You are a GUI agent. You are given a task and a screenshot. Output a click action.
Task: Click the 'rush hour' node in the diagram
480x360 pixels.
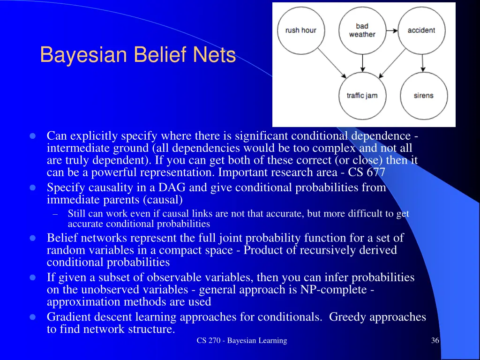(301, 30)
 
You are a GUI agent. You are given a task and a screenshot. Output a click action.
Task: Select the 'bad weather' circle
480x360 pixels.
(362, 30)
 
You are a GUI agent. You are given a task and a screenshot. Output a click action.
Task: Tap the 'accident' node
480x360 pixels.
(421, 30)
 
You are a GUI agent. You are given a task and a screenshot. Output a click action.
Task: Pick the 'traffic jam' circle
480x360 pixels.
(362, 96)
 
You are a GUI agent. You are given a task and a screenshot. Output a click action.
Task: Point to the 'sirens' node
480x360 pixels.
(423, 96)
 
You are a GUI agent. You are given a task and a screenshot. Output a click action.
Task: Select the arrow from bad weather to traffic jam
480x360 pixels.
(362, 63)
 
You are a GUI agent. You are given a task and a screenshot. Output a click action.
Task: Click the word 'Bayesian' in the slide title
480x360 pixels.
(83, 55)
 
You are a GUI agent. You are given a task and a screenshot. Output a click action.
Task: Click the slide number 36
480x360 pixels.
(435, 341)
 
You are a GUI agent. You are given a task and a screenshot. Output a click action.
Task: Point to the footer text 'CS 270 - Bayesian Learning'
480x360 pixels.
(242, 341)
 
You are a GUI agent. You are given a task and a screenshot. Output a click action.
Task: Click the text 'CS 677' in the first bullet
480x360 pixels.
(367, 172)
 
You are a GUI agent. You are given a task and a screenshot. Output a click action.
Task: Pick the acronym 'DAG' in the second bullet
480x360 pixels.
(172, 188)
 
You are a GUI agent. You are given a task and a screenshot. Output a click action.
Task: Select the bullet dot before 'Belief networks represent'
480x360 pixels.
(33, 238)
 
